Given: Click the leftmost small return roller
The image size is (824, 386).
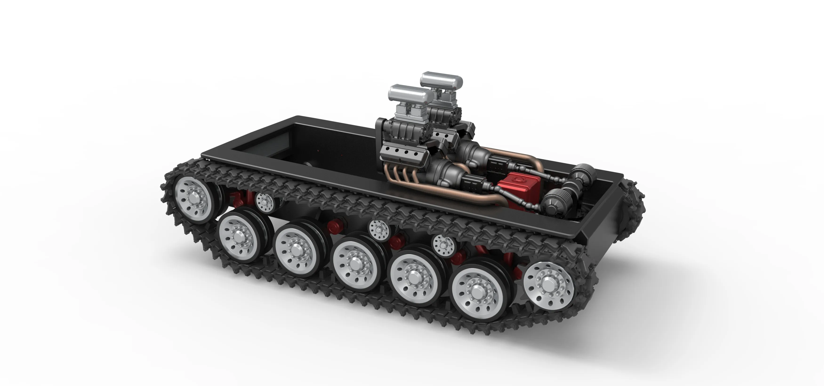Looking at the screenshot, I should pyautogui.click(x=264, y=202).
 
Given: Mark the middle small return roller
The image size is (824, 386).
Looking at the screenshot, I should pyautogui.click(x=379, y=229).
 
